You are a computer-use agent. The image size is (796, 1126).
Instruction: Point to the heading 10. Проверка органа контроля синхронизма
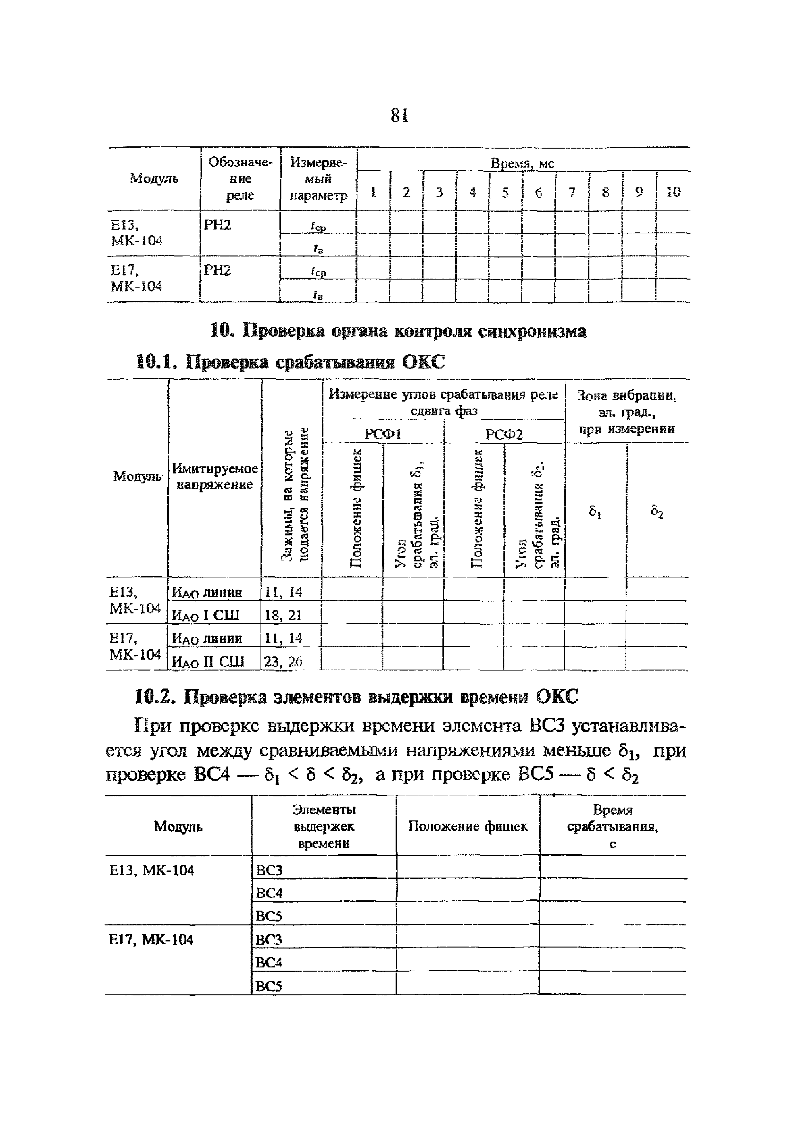point(398,332)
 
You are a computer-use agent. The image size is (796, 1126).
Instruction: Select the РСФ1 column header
point(383,434)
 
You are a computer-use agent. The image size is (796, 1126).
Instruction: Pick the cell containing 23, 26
point(283,662)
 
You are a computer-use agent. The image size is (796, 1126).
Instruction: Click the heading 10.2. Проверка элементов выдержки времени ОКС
point(356,697)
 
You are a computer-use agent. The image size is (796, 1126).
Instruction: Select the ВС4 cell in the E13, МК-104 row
point(270,893)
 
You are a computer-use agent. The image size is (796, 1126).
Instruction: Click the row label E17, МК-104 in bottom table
point(151,940)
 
